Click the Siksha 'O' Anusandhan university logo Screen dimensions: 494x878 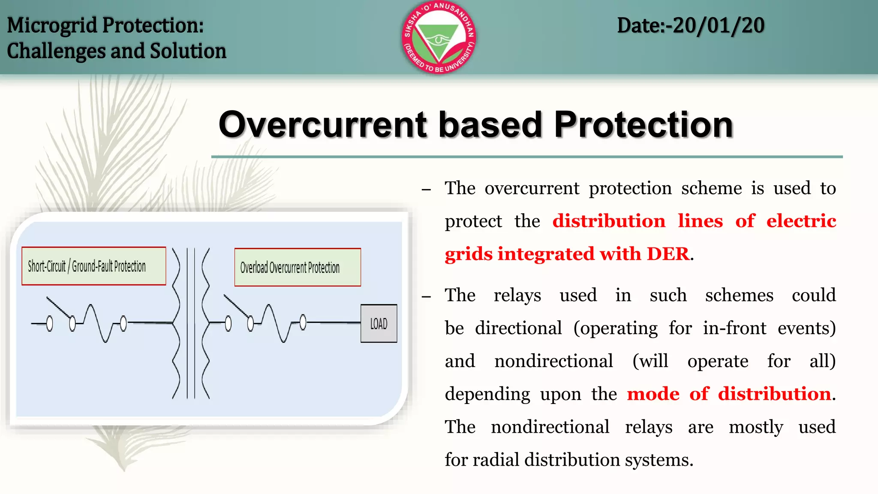coord(439,37)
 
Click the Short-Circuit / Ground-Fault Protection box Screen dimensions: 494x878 coord(93,266)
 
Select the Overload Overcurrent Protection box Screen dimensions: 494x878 coord(298,268)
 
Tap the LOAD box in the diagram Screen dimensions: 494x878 coord(379,324)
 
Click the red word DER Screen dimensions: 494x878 coord(668,254)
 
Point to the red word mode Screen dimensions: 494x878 coord(653,394)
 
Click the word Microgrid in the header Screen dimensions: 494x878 coord(52,25)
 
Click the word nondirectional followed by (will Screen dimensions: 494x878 coord(553,361)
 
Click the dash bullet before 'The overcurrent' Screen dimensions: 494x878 coord(426,190)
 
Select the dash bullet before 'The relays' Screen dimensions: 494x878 coord(426,296)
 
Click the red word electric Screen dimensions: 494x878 coord(801,221)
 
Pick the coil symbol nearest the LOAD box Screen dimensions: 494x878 coord(277,322)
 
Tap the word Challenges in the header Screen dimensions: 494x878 coord(56,51)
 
